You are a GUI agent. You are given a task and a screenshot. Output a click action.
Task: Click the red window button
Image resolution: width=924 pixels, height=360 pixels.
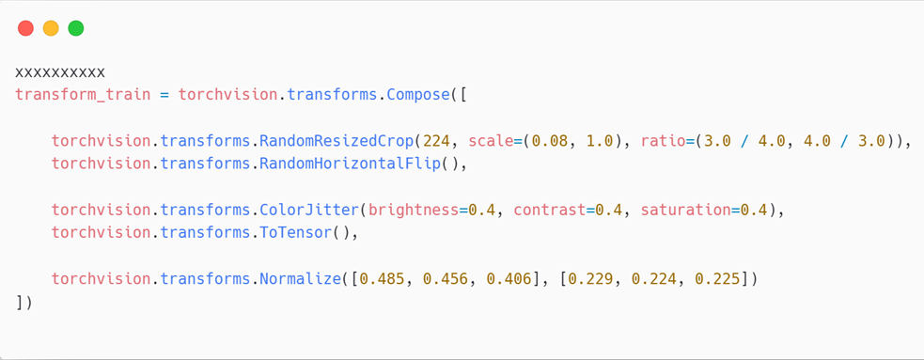click(x=25, y=28)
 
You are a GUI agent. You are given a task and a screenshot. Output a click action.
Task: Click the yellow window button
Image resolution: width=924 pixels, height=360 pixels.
click(x=51, y=28)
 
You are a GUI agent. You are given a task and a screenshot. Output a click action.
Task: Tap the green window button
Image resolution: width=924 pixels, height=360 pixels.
click(x=76, y=28)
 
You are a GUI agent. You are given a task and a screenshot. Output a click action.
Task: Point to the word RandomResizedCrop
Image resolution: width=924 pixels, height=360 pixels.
click(x=341, y=141)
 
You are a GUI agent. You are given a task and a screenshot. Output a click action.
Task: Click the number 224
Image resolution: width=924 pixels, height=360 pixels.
click(x=436, y=141)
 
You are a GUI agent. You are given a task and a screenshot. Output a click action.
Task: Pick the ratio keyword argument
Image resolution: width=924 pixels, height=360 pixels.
click(x=664, y=141)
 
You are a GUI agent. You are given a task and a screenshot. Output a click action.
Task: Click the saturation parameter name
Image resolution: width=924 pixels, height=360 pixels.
click(x=686, y=210)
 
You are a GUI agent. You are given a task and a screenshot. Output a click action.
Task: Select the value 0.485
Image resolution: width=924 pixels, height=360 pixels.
click(x=382, y=278)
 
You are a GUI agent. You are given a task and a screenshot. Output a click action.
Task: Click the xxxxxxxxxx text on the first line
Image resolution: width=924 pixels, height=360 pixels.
click(x=60, y=72)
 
